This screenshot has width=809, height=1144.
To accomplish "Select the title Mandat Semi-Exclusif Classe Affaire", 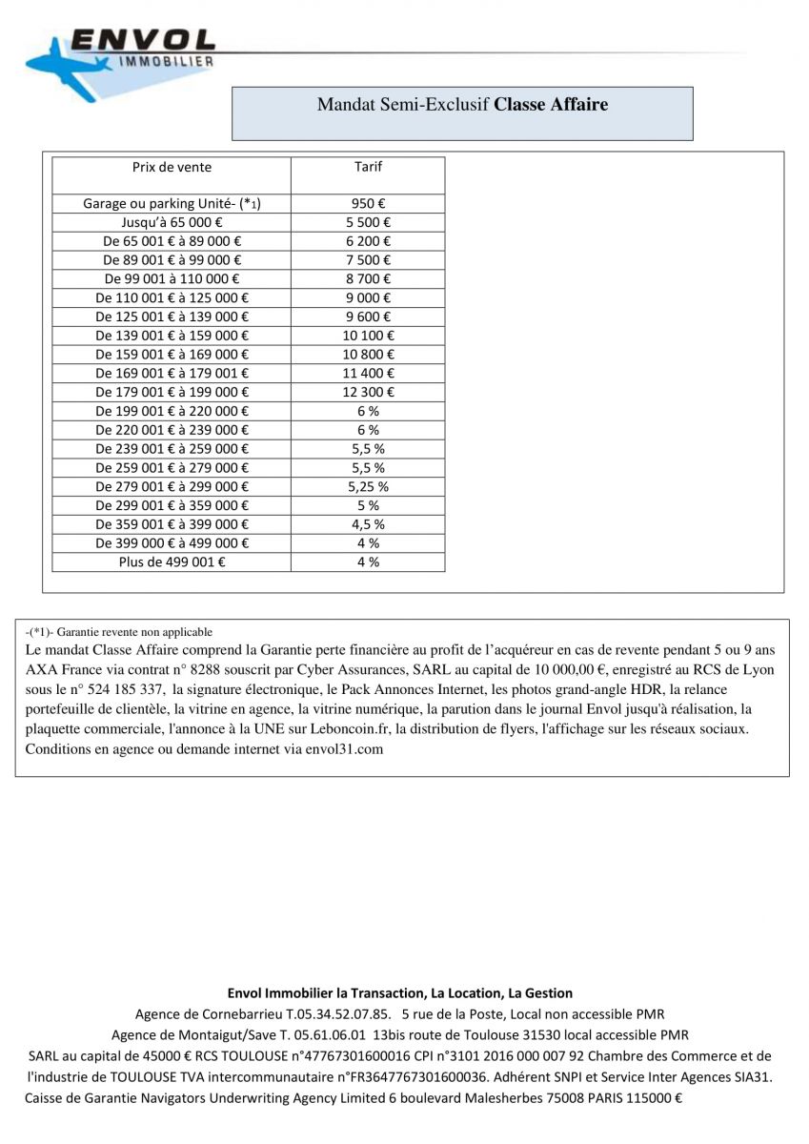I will (x=462, y=105).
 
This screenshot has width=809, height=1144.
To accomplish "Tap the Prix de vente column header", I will (x=172, y=167).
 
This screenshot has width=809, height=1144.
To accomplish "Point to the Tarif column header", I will (x=368, y=167).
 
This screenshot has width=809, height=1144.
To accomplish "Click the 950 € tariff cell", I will (x=368, y=203).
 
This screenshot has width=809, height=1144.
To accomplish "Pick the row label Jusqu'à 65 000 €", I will (x=172, y=222).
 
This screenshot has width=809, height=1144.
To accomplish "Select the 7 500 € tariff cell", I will (x=368, y=259).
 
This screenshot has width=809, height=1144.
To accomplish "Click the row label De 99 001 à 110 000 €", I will (x=172, y=278).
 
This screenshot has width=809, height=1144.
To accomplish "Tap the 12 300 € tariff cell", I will (x=368, y=392).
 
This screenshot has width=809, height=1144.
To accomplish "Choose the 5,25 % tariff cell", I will (x=368, y=486).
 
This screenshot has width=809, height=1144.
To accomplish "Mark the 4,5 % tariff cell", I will (x=368, y=524).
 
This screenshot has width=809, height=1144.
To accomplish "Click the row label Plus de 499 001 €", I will (x=172, y=562).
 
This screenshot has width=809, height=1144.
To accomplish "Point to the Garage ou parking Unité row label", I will (x=172, y=203).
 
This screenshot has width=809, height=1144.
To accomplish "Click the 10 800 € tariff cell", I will (x=368, y=354).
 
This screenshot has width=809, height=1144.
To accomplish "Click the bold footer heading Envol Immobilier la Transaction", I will (x=400, y=992).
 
